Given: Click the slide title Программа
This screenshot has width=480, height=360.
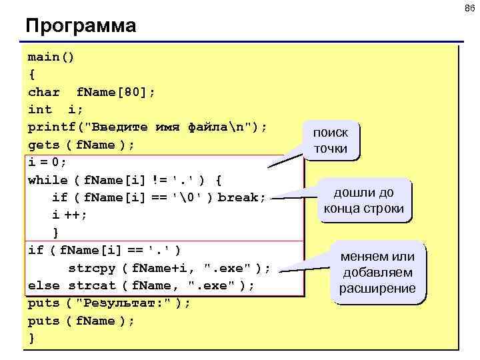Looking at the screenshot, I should (x=80, y=26).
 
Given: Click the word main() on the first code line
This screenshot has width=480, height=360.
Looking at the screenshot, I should (x=51, y=57).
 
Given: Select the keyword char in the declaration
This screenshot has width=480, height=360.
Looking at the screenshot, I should (x=44, y=92).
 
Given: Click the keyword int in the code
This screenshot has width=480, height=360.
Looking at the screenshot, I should (x=39, y=109).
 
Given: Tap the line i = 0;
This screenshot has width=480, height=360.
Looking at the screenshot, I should (x=47, y=162).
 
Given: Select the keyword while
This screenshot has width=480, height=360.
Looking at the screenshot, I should (x=47, y=180).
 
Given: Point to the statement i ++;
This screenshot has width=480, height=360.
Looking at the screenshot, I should (x=69, y=215).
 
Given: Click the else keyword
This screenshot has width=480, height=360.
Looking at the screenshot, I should (x=44, y=285).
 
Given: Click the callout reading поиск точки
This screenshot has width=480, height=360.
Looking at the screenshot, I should (x=331, y=140).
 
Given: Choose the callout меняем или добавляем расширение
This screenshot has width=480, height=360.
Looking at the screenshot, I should (x=377, y=272).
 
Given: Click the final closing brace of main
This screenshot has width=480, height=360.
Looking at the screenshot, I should (x=31, y=338).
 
